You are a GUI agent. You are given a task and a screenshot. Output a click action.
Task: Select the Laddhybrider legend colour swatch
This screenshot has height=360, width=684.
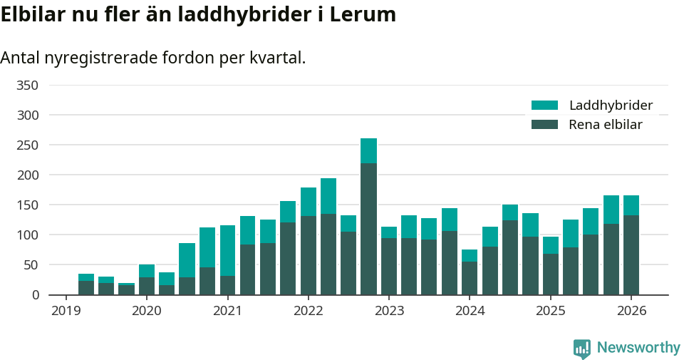(544, 106)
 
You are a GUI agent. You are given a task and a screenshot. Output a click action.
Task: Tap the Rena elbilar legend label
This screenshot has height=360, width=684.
(606, 125)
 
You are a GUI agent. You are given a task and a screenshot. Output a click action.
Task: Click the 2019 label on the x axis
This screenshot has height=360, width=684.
(66, 311)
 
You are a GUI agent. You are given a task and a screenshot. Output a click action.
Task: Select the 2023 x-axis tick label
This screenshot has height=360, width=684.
(389, 311)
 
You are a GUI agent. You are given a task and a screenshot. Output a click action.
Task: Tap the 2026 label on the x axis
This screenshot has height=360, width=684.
(631, 311)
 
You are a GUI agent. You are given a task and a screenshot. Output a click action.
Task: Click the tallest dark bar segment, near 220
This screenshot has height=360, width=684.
(368, 228)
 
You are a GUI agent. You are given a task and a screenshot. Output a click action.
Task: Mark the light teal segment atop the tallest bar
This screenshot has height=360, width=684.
(368, 150)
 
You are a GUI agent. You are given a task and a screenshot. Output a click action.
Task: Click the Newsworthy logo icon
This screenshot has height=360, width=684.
(582, 348)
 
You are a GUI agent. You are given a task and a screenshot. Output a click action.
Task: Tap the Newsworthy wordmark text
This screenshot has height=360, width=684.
(638, 348)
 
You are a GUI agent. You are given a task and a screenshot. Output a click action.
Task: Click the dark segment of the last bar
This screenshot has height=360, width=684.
(631, 254)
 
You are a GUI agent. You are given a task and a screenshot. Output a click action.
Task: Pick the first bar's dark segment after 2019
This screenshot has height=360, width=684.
(86, 287)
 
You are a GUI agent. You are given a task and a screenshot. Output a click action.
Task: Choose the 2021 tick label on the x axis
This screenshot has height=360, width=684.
(227, 311)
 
